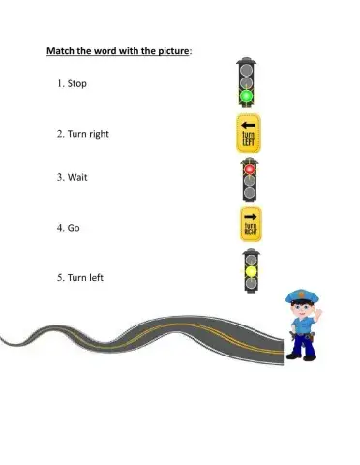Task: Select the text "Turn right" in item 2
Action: (88, 133)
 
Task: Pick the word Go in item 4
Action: (74, 229)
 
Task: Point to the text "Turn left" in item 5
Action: (85, 278)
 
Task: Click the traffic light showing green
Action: (246, 79)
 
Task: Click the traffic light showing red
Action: (250, 179)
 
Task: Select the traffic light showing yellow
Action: (250, 270)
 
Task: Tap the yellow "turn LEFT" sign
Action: (249, 133)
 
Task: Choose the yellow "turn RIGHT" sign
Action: (250, 224)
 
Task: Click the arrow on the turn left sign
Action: (249, 125)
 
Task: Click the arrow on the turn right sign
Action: (250, 216)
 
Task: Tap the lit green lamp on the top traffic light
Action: (246, 95)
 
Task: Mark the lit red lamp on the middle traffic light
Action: (250, 169)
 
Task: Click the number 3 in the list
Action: (59, 177)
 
